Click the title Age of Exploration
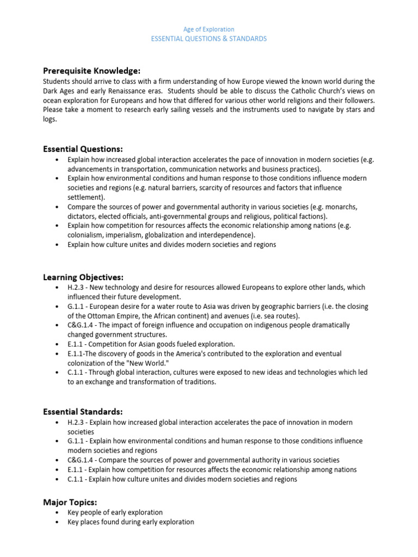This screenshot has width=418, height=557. coord(209,29)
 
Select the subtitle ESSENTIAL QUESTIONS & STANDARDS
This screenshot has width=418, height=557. coord(209,39)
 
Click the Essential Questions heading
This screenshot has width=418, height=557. coord(83,149)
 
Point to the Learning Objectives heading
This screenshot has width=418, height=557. coord(83,277)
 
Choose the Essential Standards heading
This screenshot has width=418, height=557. coord(83,411)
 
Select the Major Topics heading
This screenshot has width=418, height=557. coord(70,502)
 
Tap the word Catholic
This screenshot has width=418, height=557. coord(304,91)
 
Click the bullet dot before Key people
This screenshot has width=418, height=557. coord(58,513)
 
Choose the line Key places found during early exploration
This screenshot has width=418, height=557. coord(131,522)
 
